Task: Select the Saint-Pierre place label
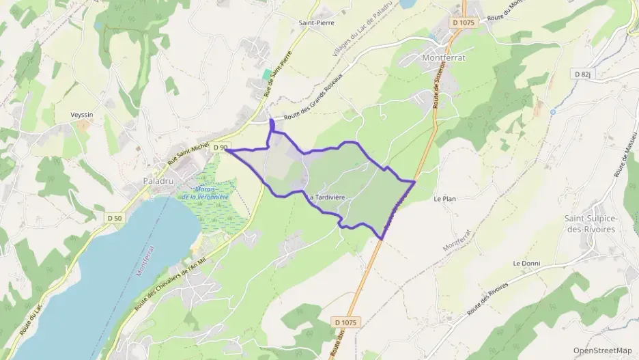coord(315,22)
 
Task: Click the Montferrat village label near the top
coord(443,57)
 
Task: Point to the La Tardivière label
coord(325,197)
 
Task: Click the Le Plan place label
coord(444,199)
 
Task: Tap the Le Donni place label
coord(526,263)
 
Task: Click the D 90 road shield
coord(219,148)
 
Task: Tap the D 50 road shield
coord(114,218)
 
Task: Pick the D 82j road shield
coord(582,74)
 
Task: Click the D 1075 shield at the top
coord(462,22)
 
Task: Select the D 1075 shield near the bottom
coord(347,321)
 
